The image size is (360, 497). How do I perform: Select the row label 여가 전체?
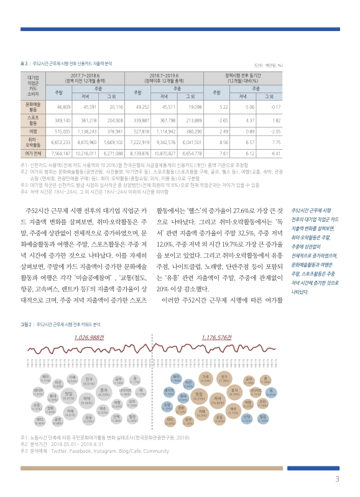[x=34, y=153]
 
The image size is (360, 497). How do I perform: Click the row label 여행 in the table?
[x=34, y=131]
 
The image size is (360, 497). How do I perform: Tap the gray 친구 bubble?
[x=89, y=381]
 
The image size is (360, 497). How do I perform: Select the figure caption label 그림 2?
[x=26, y=324]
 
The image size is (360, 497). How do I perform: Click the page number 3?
[x=337, y=479]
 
